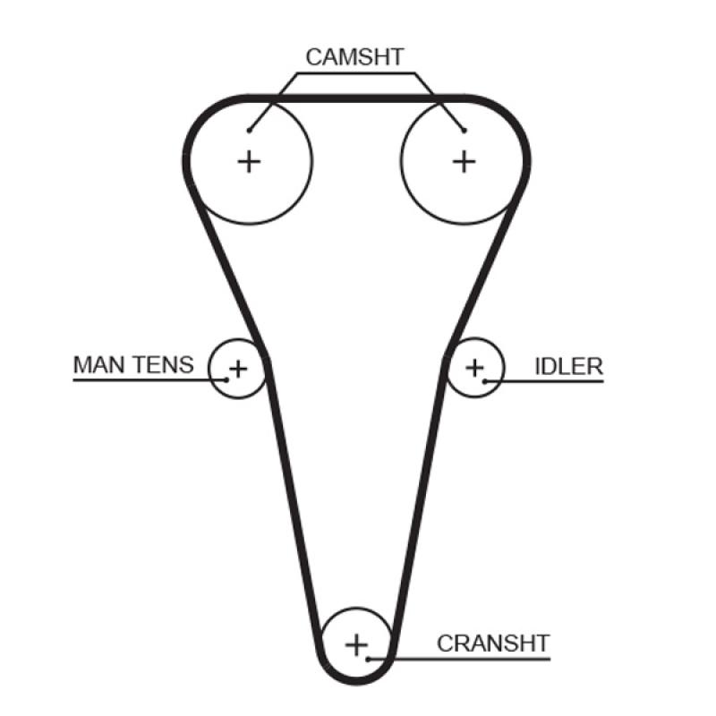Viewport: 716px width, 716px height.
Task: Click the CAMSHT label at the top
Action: coord(354,57)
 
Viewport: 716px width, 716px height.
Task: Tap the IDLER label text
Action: coord(568,365)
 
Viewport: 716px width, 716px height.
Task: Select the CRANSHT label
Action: coord(493,643)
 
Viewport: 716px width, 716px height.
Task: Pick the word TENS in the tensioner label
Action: coord(163,364)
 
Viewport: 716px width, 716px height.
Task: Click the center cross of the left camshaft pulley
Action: coord(249,161)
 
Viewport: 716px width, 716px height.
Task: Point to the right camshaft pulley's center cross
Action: coord(464,161)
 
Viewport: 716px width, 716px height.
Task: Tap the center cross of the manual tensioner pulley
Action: coord(238,367)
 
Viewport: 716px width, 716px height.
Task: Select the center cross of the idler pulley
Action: coord(474,367)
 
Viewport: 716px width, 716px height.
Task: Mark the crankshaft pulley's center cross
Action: coord(357,644)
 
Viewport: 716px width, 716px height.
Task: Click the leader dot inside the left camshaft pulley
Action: coord(250,130)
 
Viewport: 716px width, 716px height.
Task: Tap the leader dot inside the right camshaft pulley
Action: coord(464,131)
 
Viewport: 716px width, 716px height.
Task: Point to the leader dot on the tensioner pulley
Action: coord(227,379)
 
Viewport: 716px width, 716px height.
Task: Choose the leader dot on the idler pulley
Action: coord(485,381)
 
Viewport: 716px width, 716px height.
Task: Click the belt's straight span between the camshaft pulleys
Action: coord(356,97)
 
